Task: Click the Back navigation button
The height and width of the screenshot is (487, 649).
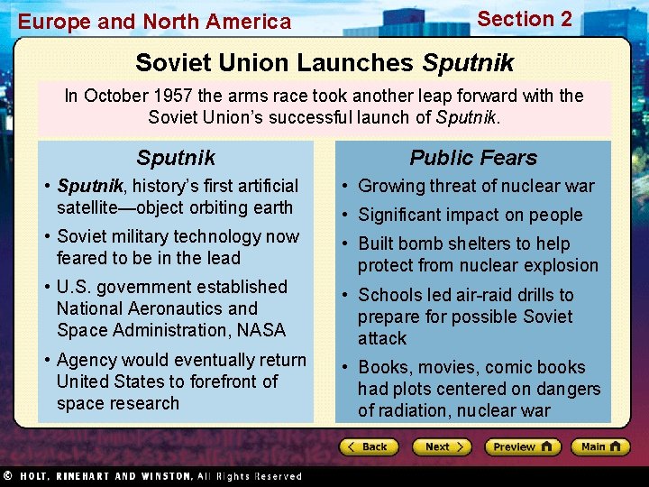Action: [x=368, y=447]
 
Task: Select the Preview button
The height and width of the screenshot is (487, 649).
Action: [x=522, y=447]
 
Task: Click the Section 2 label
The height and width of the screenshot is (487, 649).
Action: [x=525, y=19]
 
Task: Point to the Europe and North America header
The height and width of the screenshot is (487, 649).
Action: [x=155, y=22]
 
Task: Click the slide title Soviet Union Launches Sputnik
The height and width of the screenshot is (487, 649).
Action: [x=324, y=63]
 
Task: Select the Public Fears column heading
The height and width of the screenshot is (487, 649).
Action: [x=473, y=158]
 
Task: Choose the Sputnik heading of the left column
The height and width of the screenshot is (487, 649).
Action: [x=176, y=158]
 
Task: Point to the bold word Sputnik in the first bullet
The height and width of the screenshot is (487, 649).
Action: [x=89, y=186]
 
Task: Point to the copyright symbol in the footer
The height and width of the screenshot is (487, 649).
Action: [x=7, y=476]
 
